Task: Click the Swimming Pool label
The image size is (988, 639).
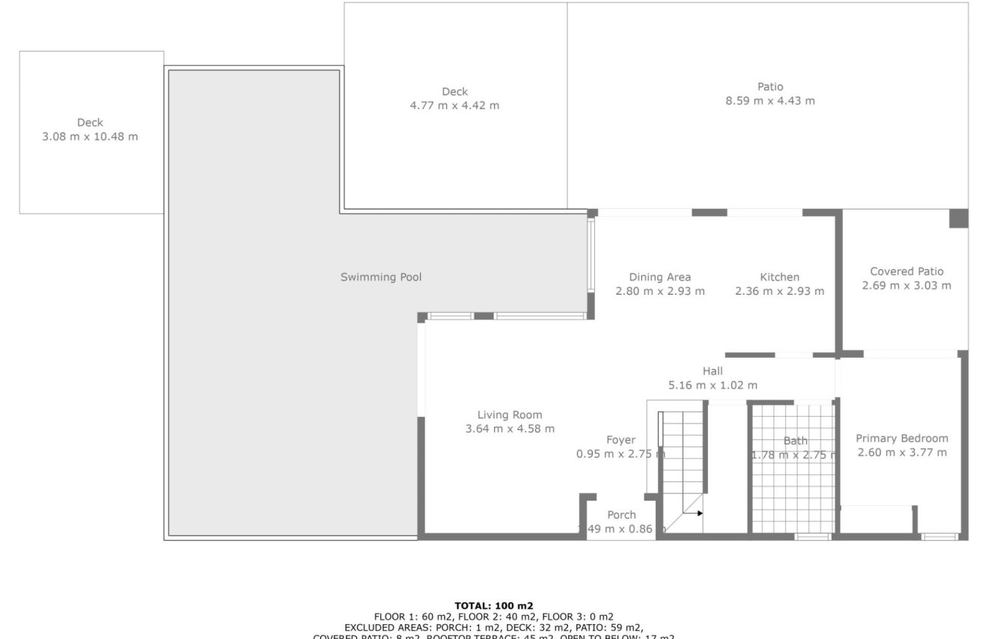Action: pos(381,278)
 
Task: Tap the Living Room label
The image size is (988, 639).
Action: pos(510,415)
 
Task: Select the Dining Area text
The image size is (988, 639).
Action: pos(659,278)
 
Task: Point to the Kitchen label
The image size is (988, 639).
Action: pos(779,278)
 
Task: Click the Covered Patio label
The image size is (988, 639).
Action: pos(906,272)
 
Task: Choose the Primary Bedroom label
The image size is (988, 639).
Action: pos(901,438)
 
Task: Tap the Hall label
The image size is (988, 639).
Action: pos(713,371)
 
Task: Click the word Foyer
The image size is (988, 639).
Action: pos(620,441)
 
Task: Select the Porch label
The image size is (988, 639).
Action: pos(621,515)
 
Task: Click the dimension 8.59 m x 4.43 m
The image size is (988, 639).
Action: pos(770,101)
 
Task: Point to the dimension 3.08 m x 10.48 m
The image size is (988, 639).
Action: pos(90,137)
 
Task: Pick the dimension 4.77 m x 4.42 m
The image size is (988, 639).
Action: pos(454,106)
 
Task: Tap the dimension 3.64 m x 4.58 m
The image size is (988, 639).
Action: pos(510,429)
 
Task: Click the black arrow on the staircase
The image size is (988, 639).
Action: pos(698,513)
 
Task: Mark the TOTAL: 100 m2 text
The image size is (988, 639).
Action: pos(493,606)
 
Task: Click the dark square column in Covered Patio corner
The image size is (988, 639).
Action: pos(958,218)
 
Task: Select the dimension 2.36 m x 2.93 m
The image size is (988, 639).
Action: pos(779,292)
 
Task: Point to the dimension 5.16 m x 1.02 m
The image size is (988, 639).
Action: pos(713,385)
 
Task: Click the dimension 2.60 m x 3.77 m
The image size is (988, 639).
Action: pos(901,453)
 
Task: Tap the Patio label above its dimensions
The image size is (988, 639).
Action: pos(770,87)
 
